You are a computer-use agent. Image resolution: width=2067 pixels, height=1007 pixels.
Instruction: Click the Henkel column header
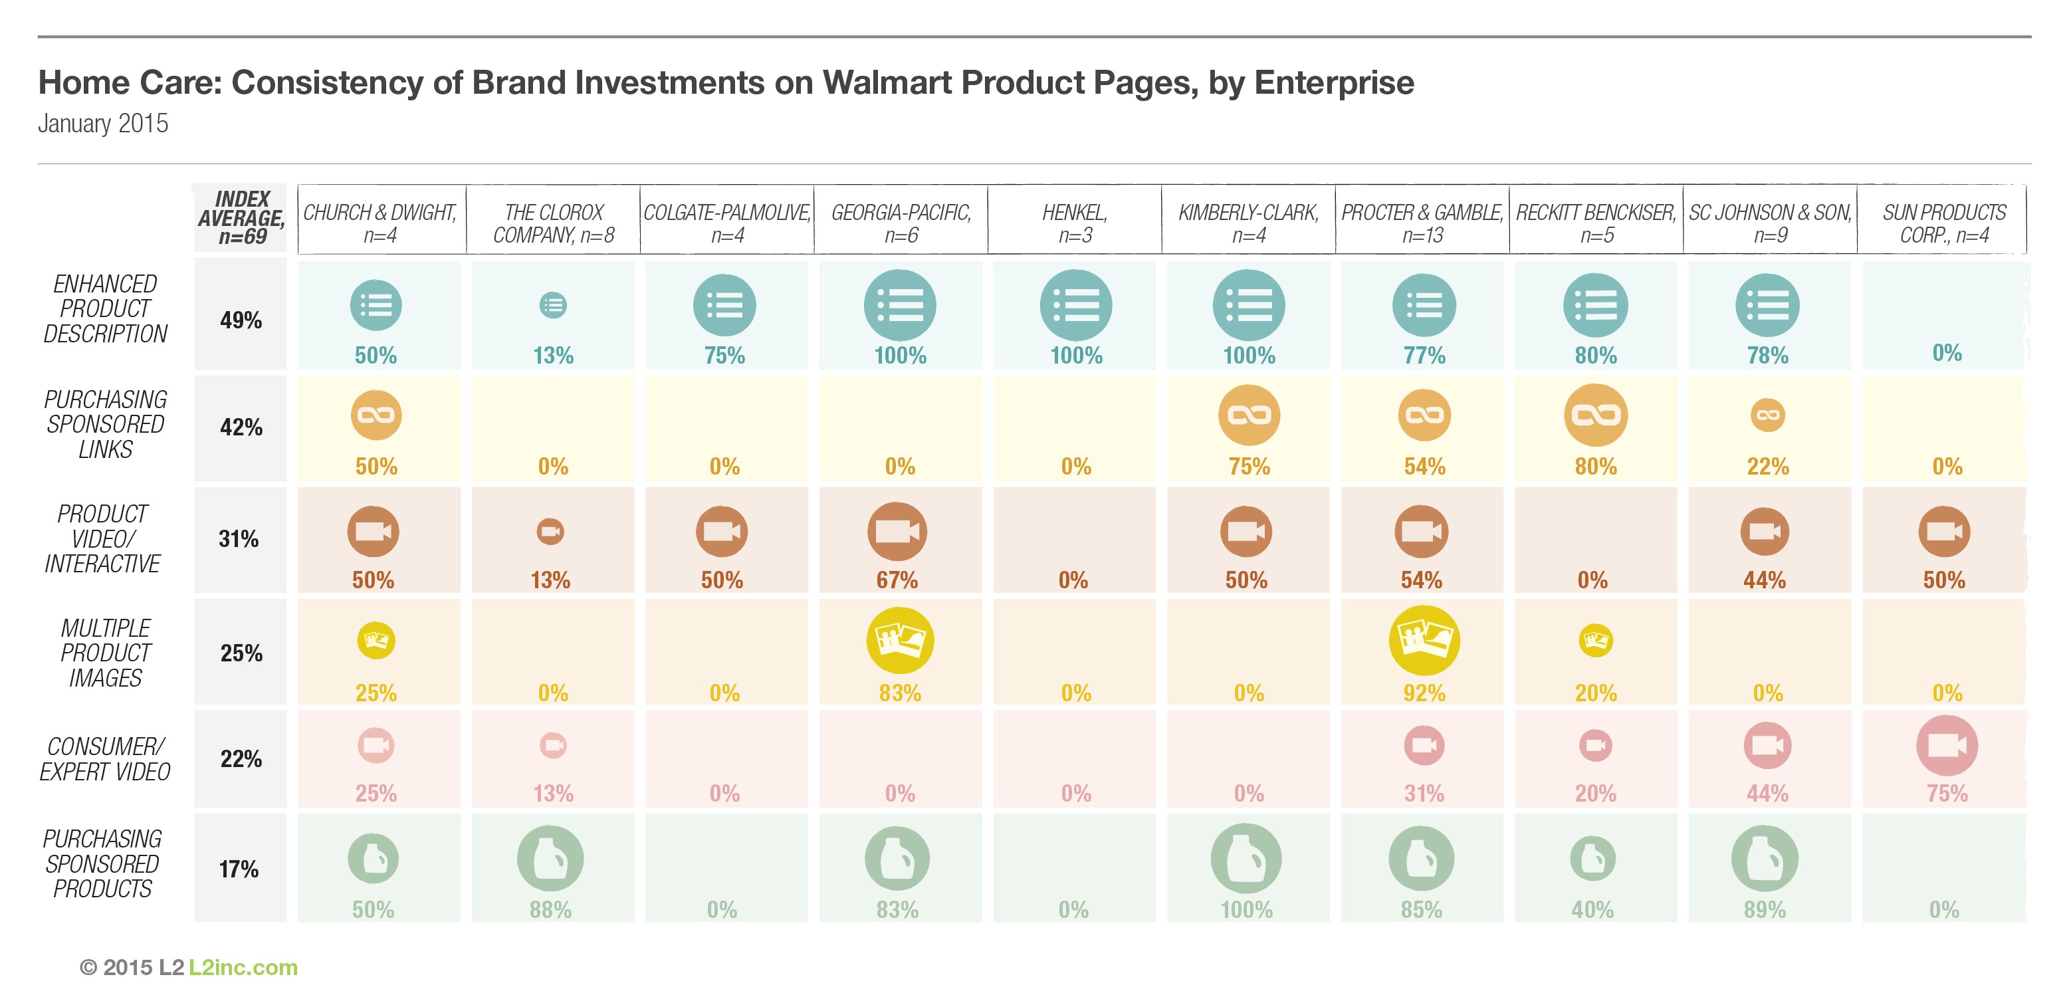[x=1075, y=223]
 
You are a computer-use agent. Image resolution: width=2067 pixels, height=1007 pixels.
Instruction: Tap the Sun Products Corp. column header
[x=1943, y=223]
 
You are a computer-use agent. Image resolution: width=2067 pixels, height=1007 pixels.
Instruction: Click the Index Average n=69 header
[x=241, y=217]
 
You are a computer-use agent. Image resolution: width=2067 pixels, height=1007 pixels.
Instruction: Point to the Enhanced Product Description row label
[x=105, y=309]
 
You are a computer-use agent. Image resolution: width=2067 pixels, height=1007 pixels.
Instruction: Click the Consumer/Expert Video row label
[x=105, y=759]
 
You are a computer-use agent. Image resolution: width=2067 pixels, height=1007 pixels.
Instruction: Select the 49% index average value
[x=241, y=320]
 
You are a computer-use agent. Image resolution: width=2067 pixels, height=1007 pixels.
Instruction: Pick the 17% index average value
[x=239, y=869]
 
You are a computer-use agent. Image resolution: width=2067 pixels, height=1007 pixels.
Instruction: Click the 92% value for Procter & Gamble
[x=1424, y=693]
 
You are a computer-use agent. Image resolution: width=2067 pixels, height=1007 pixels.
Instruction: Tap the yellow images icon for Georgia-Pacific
[x=899, y=640]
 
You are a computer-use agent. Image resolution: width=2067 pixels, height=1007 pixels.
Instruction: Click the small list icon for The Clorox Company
[x=553, y=305]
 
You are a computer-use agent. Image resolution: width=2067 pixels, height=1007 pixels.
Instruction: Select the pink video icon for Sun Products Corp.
[x=1946, y=745]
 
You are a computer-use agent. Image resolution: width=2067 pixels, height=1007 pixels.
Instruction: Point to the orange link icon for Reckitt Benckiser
[x=1595, y=415]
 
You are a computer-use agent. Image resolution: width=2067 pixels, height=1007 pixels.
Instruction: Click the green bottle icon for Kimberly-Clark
[x=1246, y=859]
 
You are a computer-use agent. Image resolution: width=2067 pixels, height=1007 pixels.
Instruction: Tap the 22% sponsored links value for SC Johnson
[x=1768, y=466]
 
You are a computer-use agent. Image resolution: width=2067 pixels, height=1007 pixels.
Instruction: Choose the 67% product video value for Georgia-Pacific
[x=897, y=580]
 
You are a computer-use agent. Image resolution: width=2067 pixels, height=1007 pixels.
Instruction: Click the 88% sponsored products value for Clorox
[x=550, y=909]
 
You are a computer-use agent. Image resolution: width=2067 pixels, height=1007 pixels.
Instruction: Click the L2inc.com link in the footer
[x=243, y=968]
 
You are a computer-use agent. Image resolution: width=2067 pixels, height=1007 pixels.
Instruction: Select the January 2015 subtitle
[x=103, y=124]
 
